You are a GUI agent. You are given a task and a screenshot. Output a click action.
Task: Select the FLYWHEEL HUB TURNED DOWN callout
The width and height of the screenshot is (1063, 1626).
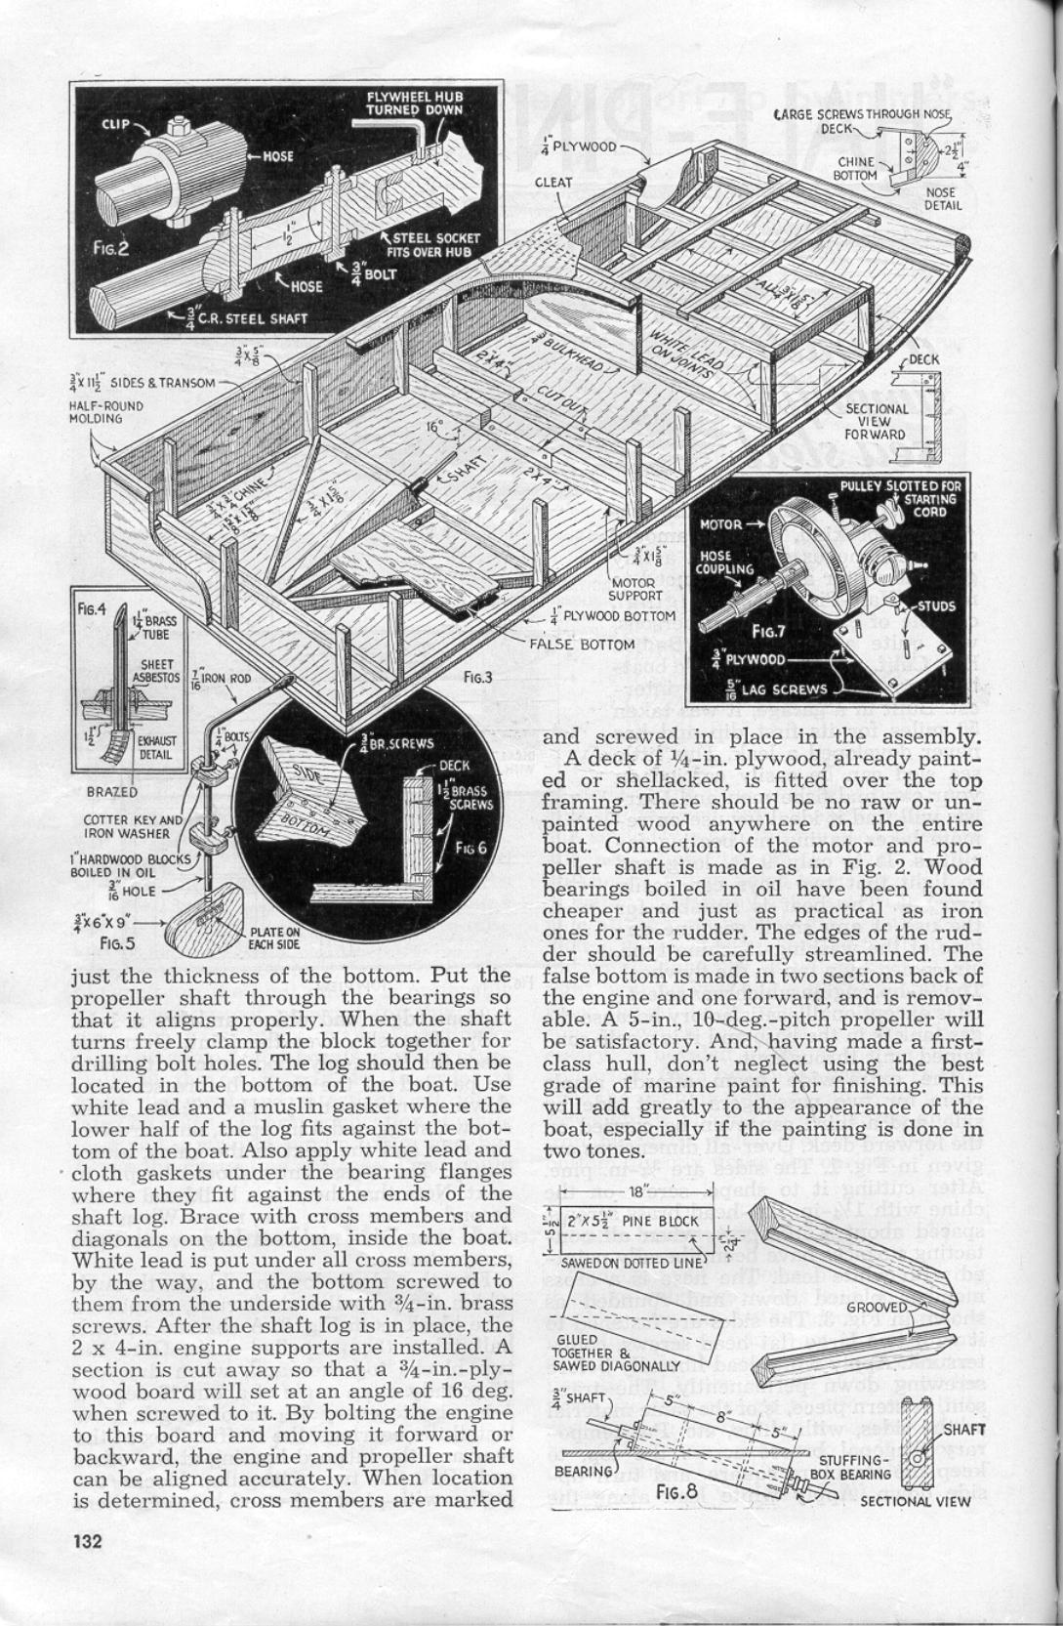tap(414, 103)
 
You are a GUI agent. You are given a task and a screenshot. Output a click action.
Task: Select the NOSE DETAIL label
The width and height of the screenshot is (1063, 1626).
tap(943, 198)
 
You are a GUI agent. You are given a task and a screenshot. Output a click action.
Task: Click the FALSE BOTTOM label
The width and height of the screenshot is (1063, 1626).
tap(581, 644)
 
